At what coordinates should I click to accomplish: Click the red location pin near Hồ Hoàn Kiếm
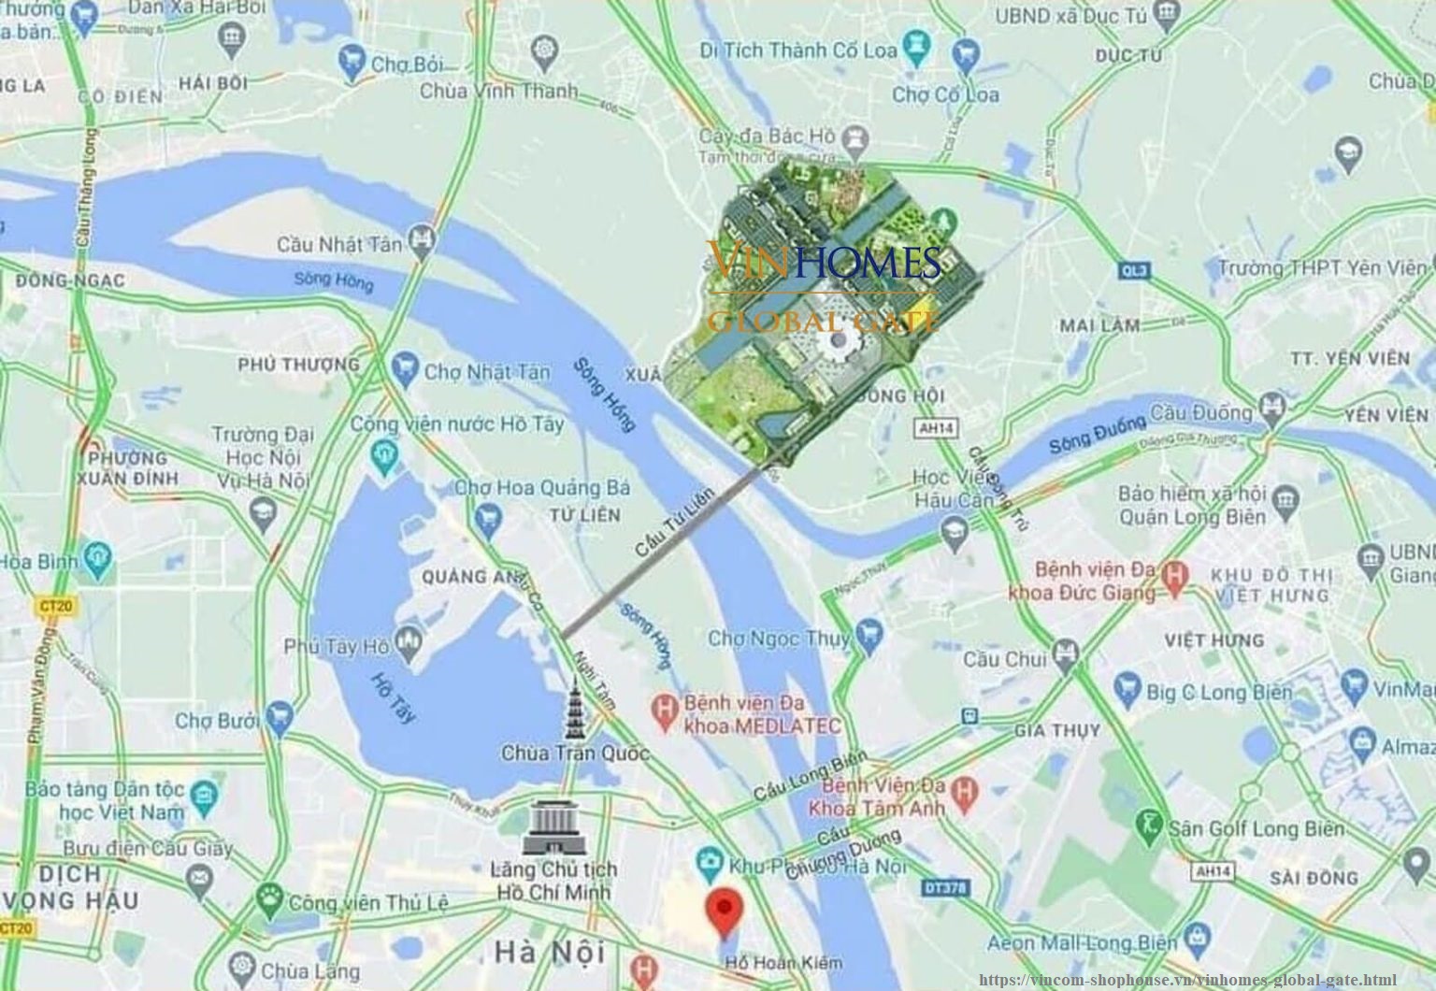(x=724, y=912)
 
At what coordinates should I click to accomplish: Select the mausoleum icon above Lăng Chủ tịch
(x=553, y=828)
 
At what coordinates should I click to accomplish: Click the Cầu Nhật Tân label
(x=339, y=244)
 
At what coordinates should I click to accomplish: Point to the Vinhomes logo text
(x=824, y=262)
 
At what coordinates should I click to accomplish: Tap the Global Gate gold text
(x=822, y=323)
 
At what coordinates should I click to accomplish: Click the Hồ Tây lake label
(x=393, y=697)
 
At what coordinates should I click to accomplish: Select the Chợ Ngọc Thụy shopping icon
(x=869, y=635)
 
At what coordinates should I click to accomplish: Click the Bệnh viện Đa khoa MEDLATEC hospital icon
(x=665, y=712)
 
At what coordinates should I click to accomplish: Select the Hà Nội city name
(x=550, y=953)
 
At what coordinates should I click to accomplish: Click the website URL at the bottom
(x=1187, y=979)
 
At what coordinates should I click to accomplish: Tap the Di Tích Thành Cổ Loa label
(x=798, y=50)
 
